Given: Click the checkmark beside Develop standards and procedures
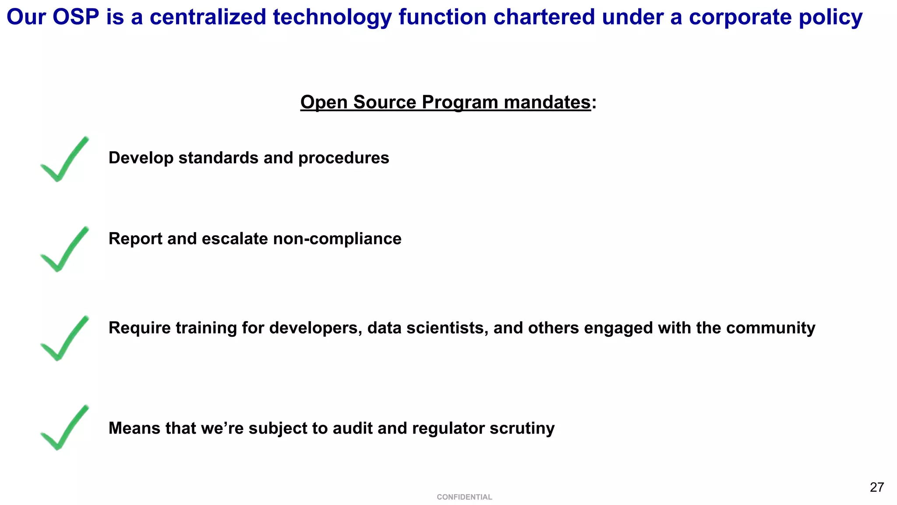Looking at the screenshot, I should (x=64, y=159).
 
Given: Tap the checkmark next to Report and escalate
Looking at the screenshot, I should (x=64, y=249).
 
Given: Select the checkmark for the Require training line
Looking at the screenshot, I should (x=64, y=339).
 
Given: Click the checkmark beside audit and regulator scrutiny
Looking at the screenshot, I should (x=64, y=428).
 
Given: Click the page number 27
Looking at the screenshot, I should (x=877, y=487).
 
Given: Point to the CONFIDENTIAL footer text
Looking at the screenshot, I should (x=464, y=497).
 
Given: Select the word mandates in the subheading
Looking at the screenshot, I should (x=547, y=102).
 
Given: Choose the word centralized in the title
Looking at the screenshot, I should (x=208, y=18).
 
